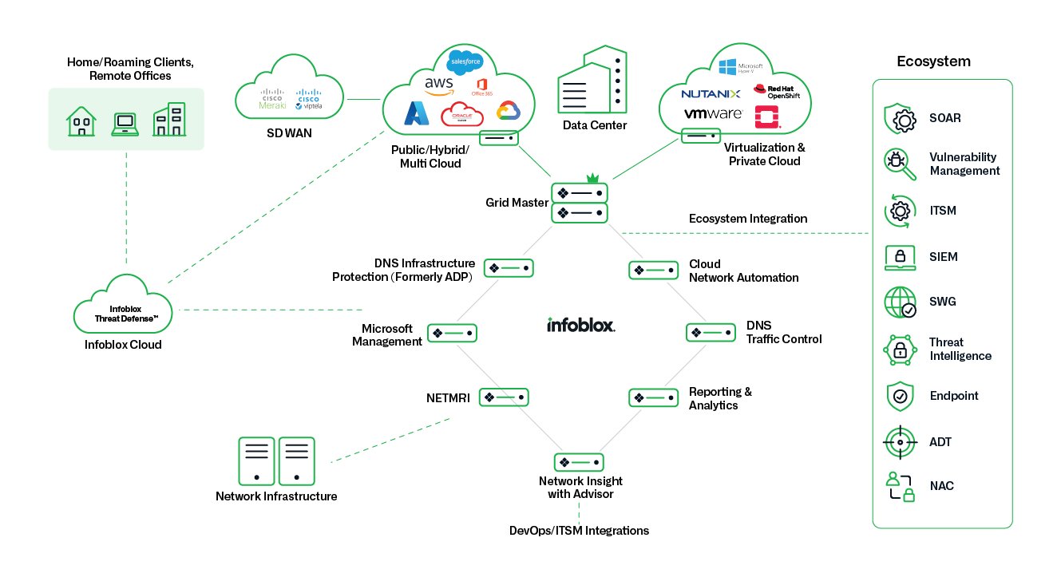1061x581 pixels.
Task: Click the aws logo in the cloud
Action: coord(439,85)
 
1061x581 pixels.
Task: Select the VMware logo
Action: coord(714,114)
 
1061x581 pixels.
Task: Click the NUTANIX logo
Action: coord(711,94)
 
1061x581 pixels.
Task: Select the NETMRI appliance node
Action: coord(504,397)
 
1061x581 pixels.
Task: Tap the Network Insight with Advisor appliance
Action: coord(579,462)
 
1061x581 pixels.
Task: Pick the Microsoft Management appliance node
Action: coord(452,333)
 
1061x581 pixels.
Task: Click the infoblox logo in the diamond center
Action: coord(581,326)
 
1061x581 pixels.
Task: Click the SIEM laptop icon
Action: coord(900,257)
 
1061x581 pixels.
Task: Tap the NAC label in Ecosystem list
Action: coord(941,486)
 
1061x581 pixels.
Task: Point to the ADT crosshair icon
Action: coord(900,441)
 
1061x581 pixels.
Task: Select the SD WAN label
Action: coord(289,133)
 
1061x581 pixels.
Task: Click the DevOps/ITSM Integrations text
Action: coord(579,531)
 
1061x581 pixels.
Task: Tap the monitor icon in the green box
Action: coord(125,122)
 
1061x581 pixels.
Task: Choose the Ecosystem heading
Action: coord(933,61)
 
